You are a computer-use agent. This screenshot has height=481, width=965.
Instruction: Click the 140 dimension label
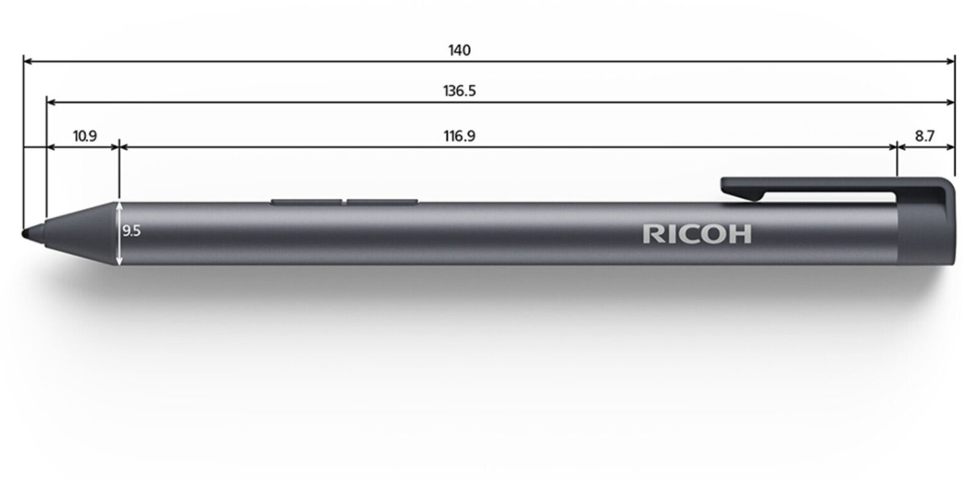click(x=459, y=50)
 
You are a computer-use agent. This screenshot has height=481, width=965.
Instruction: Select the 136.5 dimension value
click(x=459, y=91)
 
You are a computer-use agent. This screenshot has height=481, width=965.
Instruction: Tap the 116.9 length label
click(x=459, y=137)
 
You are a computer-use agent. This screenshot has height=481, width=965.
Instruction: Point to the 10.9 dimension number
click(x=85, y=137)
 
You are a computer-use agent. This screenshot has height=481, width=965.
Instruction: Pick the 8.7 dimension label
click(x=924, y=137)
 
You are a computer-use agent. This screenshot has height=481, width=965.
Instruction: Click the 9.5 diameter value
click(x=131, y=231)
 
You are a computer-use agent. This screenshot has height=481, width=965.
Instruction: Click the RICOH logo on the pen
click(x=697, y=234)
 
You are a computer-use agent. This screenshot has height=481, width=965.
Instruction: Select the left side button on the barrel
click(x=306, y=202)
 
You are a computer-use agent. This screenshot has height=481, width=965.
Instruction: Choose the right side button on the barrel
click(x=382, y=202)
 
